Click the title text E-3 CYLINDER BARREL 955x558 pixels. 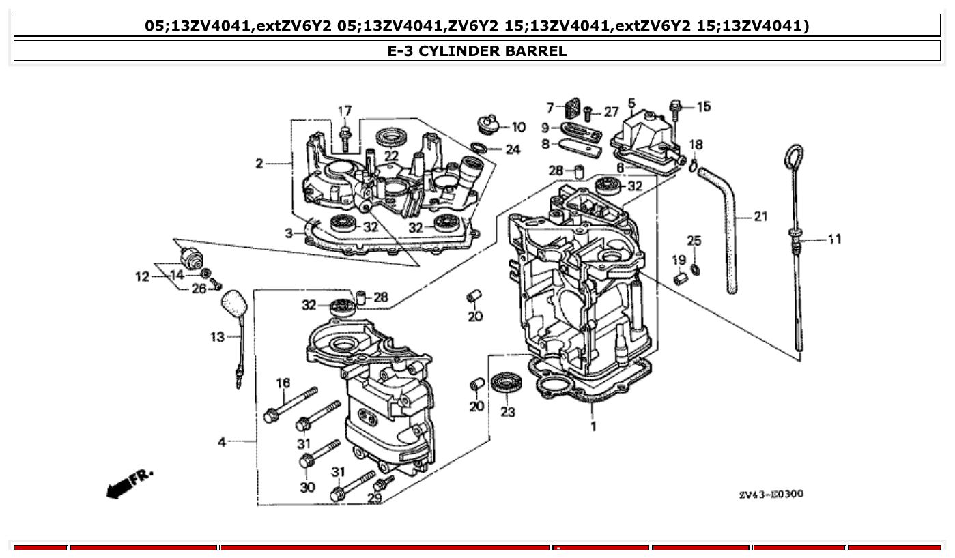coord(476,51)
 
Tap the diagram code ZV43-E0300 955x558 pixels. coord(771,494)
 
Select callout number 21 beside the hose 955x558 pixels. coord(760,217)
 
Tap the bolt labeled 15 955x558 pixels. coord(676,108)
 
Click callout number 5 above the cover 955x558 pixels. coord(631,104)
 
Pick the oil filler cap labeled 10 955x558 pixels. coord(486,125)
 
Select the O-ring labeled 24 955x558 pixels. coord(481,148)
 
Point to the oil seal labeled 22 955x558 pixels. coord(391,135)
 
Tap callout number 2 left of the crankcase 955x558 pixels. coord(259,164)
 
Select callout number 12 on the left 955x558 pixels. coord(142,277)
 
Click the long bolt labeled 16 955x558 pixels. coord(290,405)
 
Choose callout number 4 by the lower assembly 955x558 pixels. coord(222,443)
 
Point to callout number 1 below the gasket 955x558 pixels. coord(593,427)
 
